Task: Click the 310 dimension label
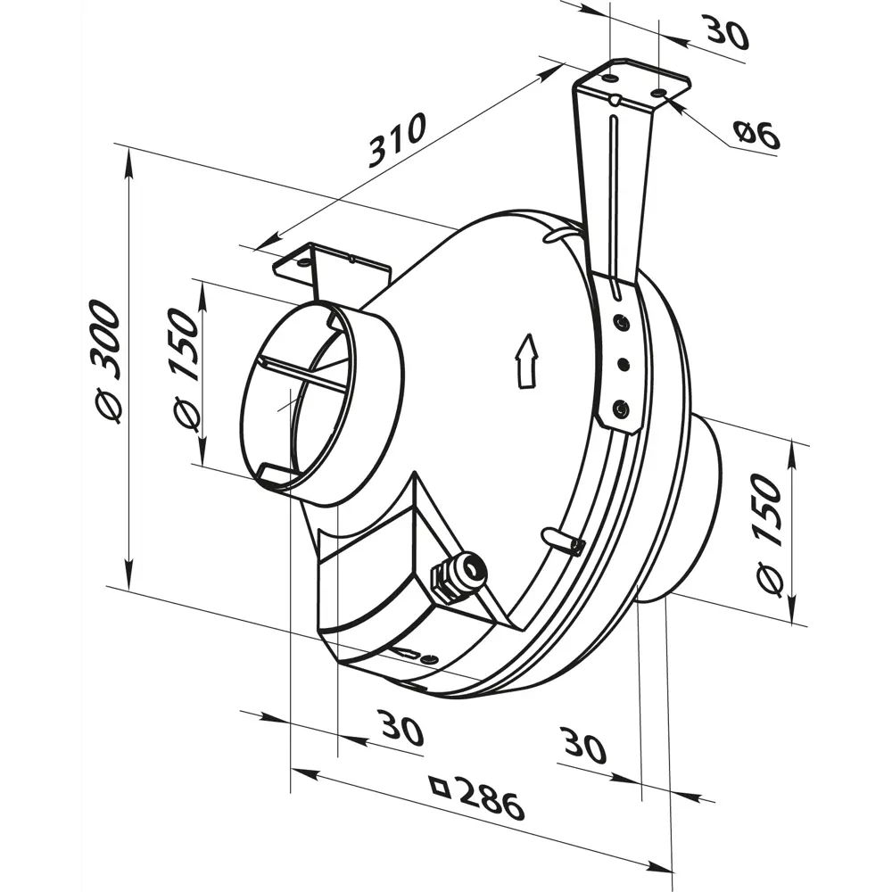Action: (397, 140)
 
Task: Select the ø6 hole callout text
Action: (756, 136)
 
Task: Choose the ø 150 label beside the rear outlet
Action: (769, 534)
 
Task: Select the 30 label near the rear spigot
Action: (583, 745)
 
